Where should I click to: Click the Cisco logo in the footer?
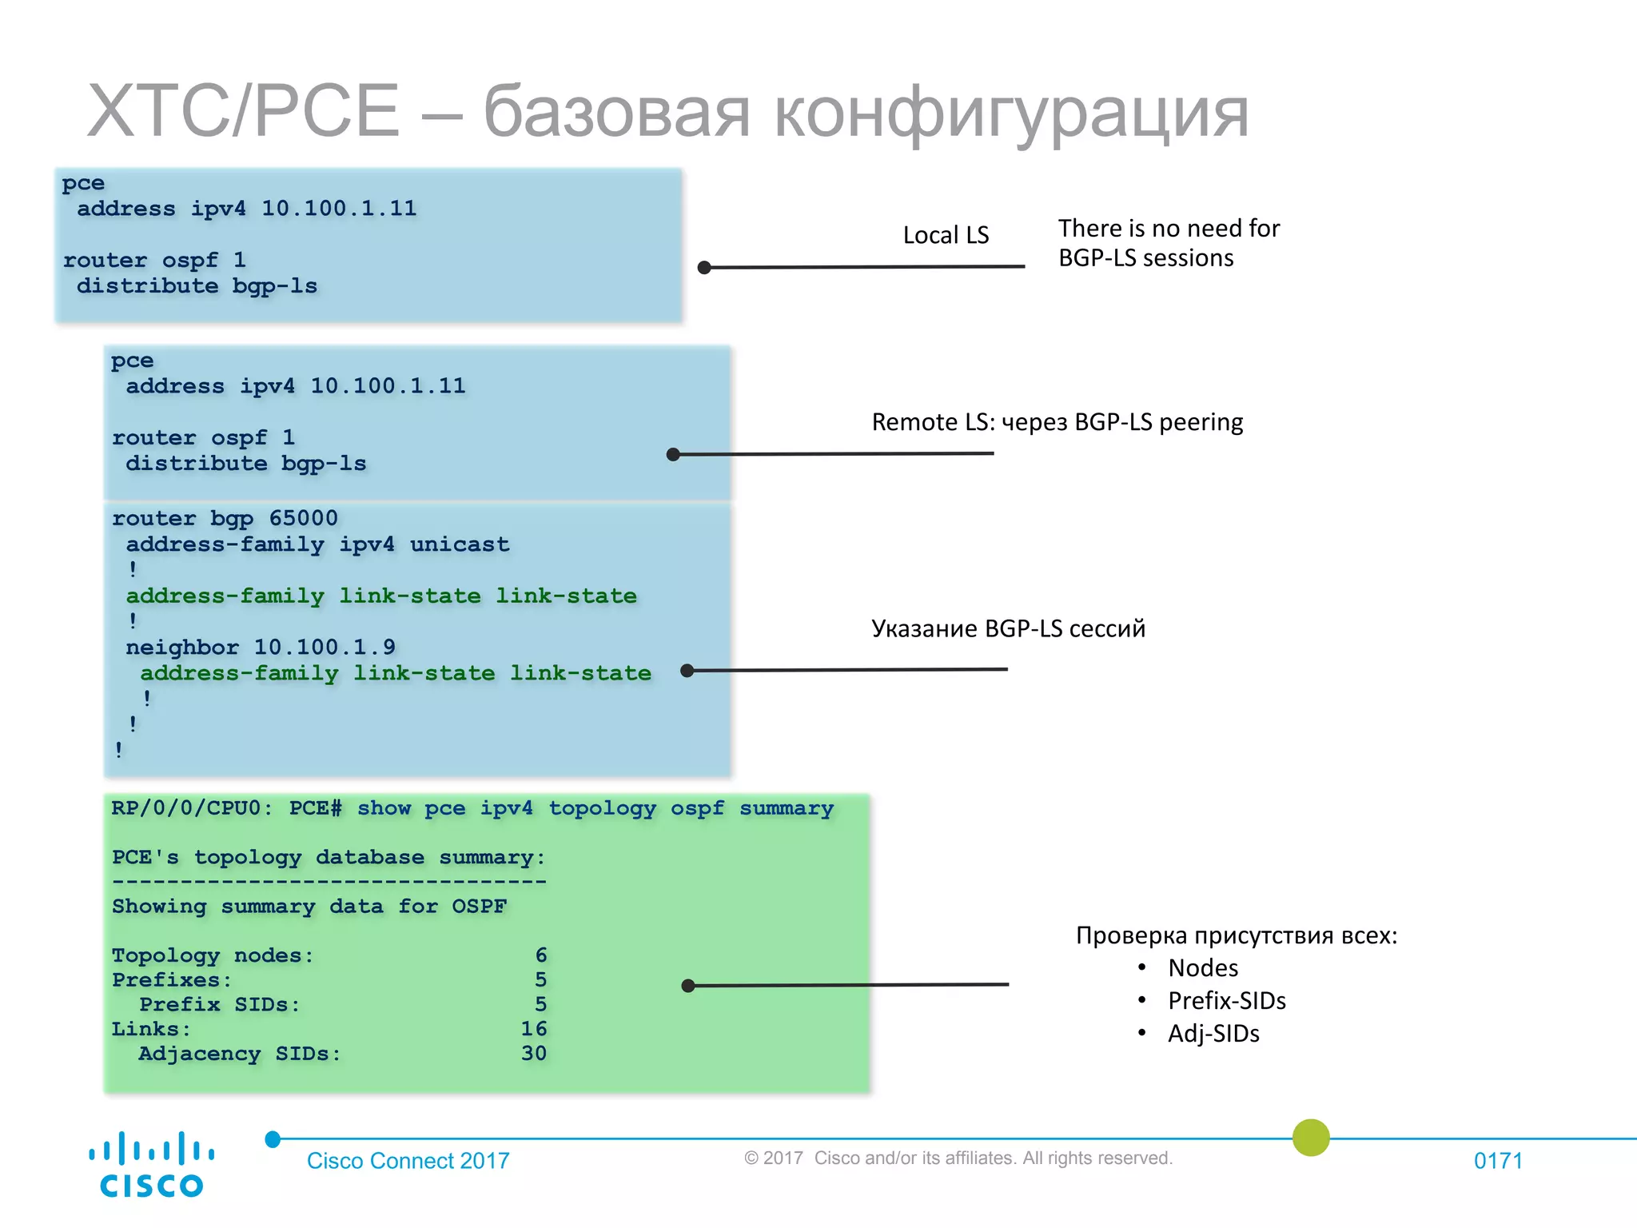tap(151, 1164)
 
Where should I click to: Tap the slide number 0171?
tap(1498, 1161)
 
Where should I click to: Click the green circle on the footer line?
tap(1311, 1138)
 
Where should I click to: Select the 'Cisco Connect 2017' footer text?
tap(408, 1161)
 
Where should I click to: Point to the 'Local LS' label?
tap(946, 235)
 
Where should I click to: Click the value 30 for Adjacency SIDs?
tap(534, 1054)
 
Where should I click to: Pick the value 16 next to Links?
tap(534, 1029)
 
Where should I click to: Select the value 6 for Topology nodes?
tap(541, 955)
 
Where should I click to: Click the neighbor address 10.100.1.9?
tap(324, 647)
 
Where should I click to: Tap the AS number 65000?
tap(303, 518)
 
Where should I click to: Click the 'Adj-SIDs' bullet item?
tap(1213, 1034)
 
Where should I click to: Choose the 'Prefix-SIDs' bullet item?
tap(1227, 1001)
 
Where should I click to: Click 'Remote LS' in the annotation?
tap(932, 422)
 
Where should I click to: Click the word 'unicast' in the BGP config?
tap(460, 544)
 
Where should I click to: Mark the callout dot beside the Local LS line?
tap(704, 268)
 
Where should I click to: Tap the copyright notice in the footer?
tap(958, 1158)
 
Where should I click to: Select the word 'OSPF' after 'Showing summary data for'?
tap(479, 907)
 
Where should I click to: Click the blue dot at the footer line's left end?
tap(273, 1139)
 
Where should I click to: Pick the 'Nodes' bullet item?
tap(1203, 968)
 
